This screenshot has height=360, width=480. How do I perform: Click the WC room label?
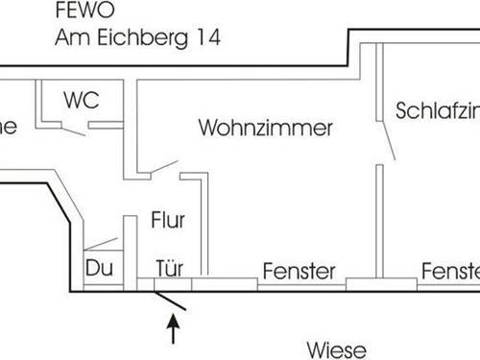tap(81, 100)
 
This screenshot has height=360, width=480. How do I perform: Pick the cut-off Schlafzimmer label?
tap(437, 110)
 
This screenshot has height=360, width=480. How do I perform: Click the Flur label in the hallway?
tap(167, 220)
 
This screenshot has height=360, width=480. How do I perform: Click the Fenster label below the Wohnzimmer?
tap(299, 272)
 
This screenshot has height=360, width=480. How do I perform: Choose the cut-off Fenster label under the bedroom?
tap(449, 272)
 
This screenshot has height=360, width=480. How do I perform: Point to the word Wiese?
tap(335, 348)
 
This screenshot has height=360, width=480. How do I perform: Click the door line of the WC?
tap(73, 130)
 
